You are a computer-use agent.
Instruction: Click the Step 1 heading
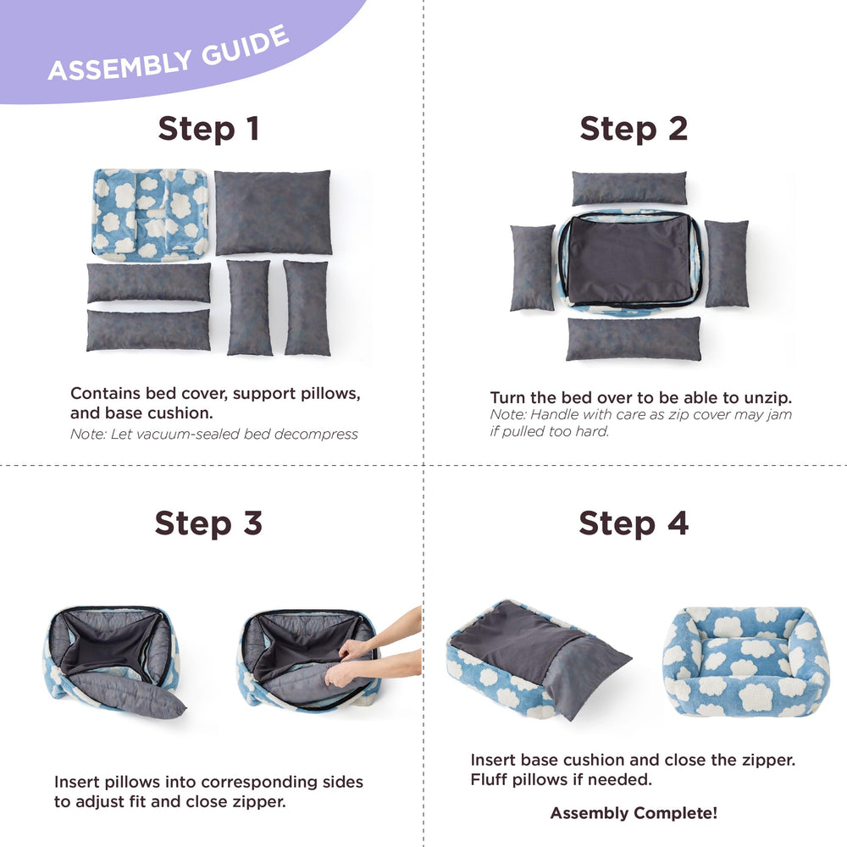click(208, 129)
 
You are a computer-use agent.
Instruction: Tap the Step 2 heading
click(634, 129)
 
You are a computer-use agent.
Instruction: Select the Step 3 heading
click(208, 523)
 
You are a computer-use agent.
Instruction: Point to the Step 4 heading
click(634, 523)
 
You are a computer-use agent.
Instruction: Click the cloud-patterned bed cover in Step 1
click(150, 213)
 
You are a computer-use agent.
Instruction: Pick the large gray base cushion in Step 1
click(273, 212)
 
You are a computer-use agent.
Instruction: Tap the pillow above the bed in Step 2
click(628, 188)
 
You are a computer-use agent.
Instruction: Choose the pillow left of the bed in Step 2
click(532, 267)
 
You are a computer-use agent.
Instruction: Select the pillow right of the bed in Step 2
click(727, 263)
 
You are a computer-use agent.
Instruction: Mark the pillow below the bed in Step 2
click(634, 339)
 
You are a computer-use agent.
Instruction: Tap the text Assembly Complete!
click(634, 813)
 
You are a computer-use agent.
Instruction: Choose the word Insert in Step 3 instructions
click(78, 782)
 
